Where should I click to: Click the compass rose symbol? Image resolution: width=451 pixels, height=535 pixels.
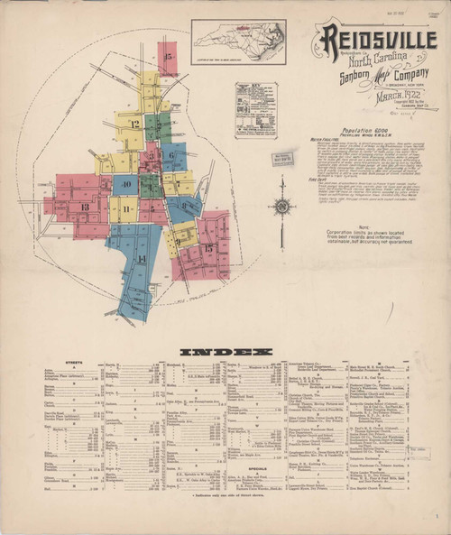coord(282,206)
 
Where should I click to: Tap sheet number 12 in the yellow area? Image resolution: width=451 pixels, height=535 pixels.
coord(133,124)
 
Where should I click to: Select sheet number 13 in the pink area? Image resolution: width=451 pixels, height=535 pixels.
coord(84,208)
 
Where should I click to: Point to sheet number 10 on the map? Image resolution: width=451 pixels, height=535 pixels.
coord(127,185)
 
